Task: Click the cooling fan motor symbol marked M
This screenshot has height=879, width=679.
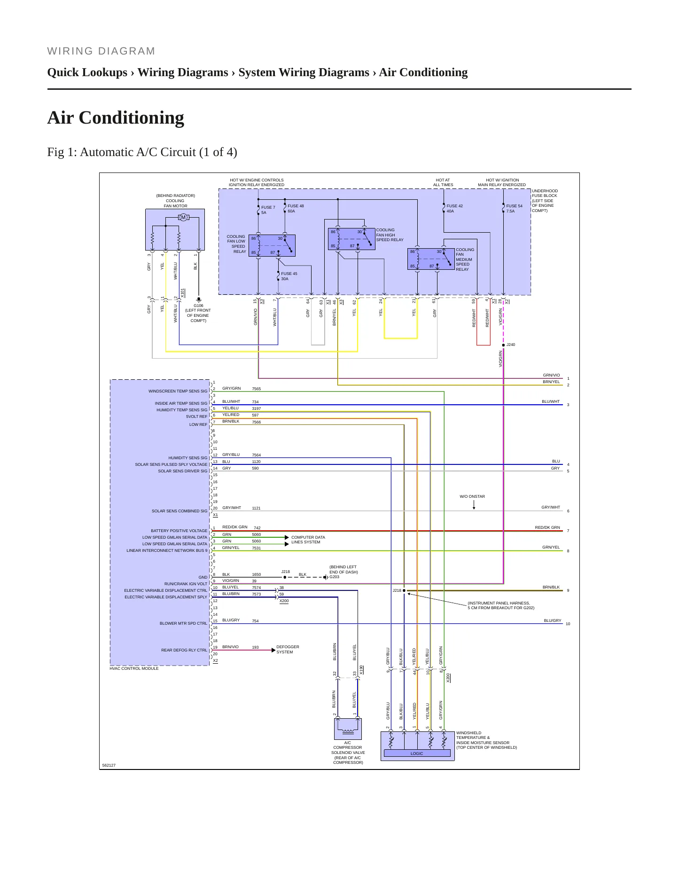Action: click(183, 217)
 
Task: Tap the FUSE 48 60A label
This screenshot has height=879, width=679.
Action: click(296, 209)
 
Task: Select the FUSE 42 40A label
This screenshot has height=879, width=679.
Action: click(454, 209)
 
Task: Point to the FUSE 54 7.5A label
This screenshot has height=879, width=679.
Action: click(514, 209)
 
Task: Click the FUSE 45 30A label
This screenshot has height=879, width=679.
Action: click(289, 276)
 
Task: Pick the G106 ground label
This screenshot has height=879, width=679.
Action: click(198, 306)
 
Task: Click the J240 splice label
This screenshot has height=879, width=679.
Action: click(511, 345)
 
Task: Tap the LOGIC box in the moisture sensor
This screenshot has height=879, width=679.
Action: click(417, 753)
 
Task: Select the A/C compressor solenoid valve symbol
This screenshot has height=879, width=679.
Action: click(348, 729)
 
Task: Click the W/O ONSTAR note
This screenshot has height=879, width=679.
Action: click(472, 496)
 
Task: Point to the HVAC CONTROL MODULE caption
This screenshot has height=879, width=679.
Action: click(134, 668)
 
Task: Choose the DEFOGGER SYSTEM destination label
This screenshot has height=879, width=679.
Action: click(288, 650)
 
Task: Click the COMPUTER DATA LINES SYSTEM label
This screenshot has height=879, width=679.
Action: click(308, 540)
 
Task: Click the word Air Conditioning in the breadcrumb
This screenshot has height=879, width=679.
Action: click(423, 72)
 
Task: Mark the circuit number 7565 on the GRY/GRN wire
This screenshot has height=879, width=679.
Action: click(256, 389)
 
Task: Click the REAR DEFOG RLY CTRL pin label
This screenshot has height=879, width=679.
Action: click(184, 651)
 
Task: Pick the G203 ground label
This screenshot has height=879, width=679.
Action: click(334, 577)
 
